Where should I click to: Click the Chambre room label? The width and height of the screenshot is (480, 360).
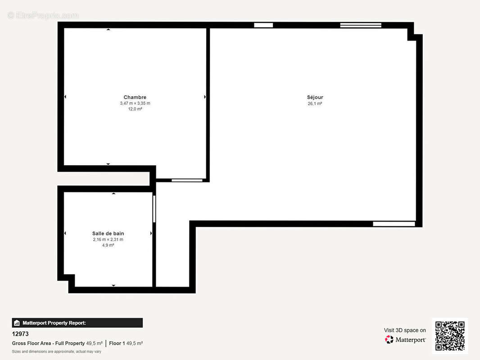tap(135, 97)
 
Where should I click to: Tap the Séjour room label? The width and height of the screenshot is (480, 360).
tap(315, 97)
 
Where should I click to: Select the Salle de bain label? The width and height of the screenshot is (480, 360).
tap(108, 234)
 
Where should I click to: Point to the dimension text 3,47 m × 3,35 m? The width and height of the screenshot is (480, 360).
tap(135, 103)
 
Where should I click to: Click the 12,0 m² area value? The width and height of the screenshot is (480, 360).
tap(135, 109)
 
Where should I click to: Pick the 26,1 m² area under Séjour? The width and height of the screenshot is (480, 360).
tap(315, 103)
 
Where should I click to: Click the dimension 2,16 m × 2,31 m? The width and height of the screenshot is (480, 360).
tap(108, 239)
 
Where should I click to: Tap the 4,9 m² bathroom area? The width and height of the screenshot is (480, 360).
tap(108, 245)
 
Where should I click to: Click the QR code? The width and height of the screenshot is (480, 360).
tap(450, 336)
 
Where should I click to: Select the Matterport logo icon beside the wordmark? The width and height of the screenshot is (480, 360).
tap(389, 339)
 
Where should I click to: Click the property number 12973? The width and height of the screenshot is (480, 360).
tap(20, 334)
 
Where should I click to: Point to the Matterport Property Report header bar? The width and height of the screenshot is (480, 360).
tap(77, 323)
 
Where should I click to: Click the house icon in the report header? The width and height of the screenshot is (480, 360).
tap(17, 323)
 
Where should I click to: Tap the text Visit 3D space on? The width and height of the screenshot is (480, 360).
tap(405, 330)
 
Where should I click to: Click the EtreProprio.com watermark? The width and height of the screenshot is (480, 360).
tap(43, 15)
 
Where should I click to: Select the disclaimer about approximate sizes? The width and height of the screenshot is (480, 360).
tap(57, 351)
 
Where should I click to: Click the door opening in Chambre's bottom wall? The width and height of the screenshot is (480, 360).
tap(187, 180)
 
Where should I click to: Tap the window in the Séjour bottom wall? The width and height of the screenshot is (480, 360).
tap(394, 224)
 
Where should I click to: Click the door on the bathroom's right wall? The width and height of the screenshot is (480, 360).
tap(154, 209)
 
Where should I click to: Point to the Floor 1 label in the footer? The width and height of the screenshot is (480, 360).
tap(117, 343)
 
